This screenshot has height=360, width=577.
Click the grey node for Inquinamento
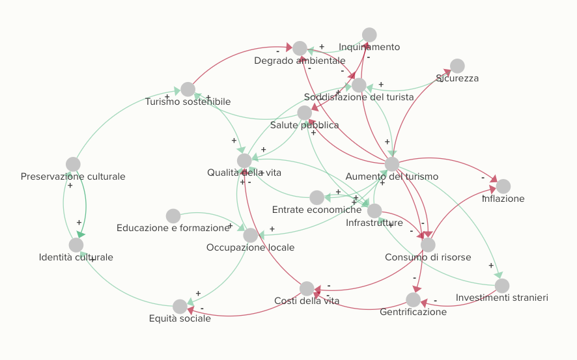coord(369,35)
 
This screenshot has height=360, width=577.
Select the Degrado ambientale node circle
coord(300,48)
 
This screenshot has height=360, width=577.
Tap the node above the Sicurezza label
coord(457,66)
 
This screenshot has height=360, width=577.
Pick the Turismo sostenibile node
coord(188,89)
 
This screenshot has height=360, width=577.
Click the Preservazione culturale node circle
coord(73,164)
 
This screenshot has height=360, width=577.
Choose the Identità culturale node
coord(76,245)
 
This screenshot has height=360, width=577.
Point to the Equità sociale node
coord(180,307)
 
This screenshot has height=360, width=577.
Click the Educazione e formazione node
coord(173,216)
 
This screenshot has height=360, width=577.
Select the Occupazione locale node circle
coord(251,236)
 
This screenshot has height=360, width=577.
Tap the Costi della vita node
coord(307,288)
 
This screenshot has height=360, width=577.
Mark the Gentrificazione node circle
coord(414,299)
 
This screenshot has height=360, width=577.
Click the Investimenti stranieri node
coord(502,286)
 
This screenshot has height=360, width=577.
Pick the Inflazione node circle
coord(503,186)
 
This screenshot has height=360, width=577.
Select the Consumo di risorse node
coord(428,245)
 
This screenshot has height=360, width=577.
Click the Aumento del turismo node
coord(392,164)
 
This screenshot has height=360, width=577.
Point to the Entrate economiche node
coord(317,197)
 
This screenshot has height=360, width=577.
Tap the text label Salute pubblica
coord(305,125)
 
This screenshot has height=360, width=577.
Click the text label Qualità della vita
coord(244,173)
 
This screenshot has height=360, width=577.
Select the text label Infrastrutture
coord(374,223)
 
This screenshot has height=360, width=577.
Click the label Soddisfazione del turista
coord(359,97)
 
